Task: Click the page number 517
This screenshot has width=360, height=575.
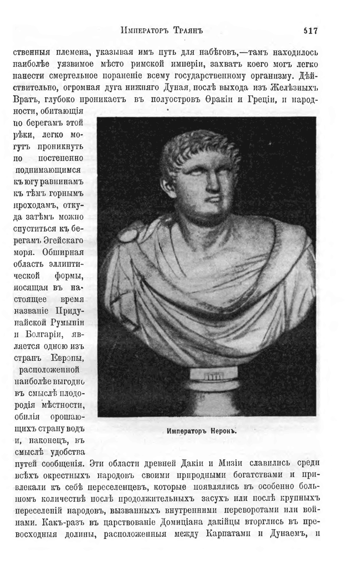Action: (x=310, y=32)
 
